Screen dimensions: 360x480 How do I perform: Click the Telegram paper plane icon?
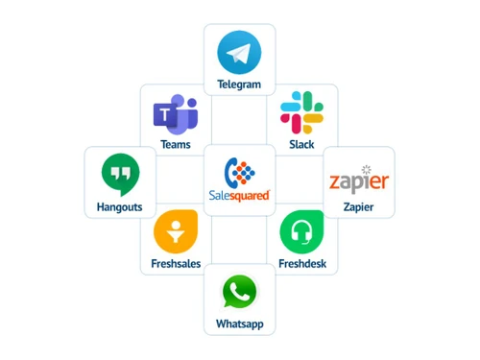[x=239, y=52]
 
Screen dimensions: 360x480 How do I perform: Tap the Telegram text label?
[x=239, y=84]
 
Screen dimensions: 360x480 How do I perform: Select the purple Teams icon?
[x=175, y=115]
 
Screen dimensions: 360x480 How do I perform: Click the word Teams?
[x=175, y=145]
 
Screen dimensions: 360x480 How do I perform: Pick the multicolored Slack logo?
[x=301, y=113]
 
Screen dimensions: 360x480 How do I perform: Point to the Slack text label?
[x=301, y=145]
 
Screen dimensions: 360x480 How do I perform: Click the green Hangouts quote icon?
[x=120, y=175]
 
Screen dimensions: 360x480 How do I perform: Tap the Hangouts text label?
[x=120, y=206]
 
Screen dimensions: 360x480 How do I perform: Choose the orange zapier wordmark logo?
[x=359, y=181]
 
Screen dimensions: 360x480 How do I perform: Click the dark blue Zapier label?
[x=359, y=206]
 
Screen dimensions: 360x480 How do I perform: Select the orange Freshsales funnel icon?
[x=175, y=230]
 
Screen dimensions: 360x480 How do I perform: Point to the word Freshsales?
[x=176, y=263]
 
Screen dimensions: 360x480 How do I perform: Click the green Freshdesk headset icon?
[x=301, y=231]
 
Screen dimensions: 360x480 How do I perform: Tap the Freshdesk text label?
[x=301, y=263]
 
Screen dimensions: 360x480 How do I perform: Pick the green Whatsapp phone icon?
[x=239, y=292]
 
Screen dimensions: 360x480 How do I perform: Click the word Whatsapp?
[x=239, y=324]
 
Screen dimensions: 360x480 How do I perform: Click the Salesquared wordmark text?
[x=239, y=195]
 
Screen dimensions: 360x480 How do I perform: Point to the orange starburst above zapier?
[x=365, y=169]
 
